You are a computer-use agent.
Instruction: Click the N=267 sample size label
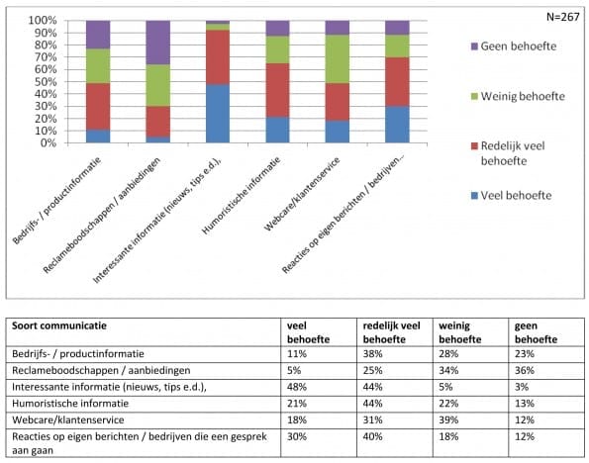pos(562,17)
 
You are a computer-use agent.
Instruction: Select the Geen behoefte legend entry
pos(514,46)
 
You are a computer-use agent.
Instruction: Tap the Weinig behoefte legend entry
pos(518,96)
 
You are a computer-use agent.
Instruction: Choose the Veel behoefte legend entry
pos(511,195)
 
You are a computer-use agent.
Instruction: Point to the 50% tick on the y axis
pos(46,81)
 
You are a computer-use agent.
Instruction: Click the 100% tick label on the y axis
pos(43,20)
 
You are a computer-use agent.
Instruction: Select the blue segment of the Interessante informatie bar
pos(218,114)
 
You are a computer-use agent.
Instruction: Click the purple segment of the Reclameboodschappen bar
pos(157,43)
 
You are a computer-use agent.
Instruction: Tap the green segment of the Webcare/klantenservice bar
pos(338,59)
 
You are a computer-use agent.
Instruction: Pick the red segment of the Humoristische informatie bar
pos(277,90)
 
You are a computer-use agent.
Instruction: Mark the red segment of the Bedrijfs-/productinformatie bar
pos(98,106)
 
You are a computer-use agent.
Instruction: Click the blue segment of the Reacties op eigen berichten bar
pos(397,125)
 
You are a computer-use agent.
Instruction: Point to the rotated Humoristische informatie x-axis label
pos(242,195)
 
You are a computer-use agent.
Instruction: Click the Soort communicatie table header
pos(59,325)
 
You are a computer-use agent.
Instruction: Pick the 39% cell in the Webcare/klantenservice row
pos(448,419)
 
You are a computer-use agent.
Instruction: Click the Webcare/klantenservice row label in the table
pos(68,419)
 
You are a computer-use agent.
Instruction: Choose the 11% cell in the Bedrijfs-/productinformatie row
pos(297,354)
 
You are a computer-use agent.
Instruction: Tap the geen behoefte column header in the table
pos(536,332)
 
